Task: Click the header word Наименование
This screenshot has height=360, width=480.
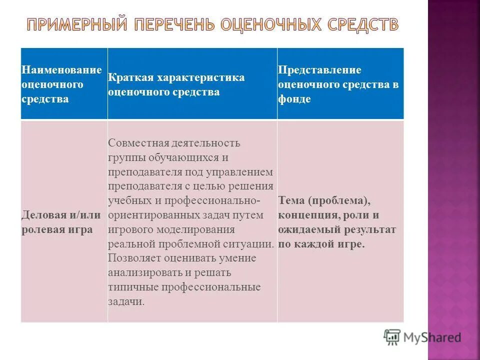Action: [61, 70]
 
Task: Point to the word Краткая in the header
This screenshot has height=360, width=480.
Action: [130, 78]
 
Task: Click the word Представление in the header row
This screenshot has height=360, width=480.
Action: [319, 70]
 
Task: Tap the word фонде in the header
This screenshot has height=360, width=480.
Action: [294, 99]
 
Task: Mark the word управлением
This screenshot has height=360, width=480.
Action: [243, 172]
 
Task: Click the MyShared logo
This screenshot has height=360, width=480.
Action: [422, 337]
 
